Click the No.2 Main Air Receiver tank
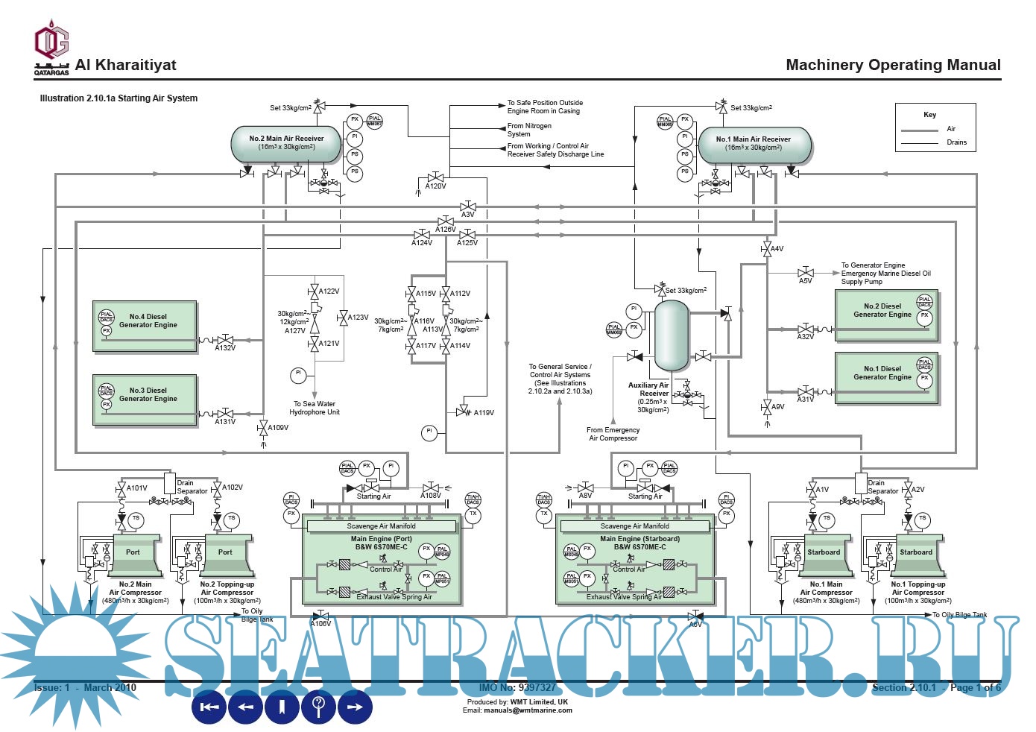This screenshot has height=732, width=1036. point(286,143)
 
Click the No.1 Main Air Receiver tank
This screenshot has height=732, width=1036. point(754,144)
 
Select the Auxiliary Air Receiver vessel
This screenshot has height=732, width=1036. point(671,335)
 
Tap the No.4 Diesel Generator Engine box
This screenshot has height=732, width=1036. point(145,326)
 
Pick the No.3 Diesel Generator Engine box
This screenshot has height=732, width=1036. point(145,400)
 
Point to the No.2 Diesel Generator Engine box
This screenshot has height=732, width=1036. point(885,315)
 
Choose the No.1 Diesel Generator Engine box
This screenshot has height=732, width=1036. point(885,378)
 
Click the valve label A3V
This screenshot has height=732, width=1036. point(468,215)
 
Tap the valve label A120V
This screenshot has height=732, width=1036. point(436,186)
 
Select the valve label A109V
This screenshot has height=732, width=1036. point(278,428)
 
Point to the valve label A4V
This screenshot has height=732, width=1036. point(777,249)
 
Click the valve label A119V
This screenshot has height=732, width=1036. point(484,413)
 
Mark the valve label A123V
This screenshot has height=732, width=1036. point(358,318)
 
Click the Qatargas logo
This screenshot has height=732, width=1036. point(51,46)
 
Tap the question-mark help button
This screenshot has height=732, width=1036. point(319,706)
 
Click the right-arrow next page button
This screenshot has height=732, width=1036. point(355,707)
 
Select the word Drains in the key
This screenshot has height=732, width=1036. point(956,142)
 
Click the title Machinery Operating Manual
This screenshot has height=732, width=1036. point(893,65)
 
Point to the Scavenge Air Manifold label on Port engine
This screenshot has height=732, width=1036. point(381,526)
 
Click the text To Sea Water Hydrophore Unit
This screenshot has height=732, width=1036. point(315,408)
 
